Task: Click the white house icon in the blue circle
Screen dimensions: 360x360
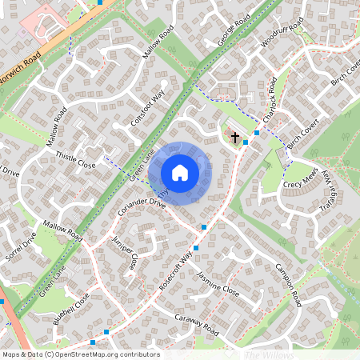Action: click(x=179, y=173)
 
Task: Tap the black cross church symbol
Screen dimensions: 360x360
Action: click(x=235, y=138)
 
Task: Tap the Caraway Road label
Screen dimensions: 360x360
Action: click(x=196, y=325)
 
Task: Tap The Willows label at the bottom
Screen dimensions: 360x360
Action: click(x=269, y=354)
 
